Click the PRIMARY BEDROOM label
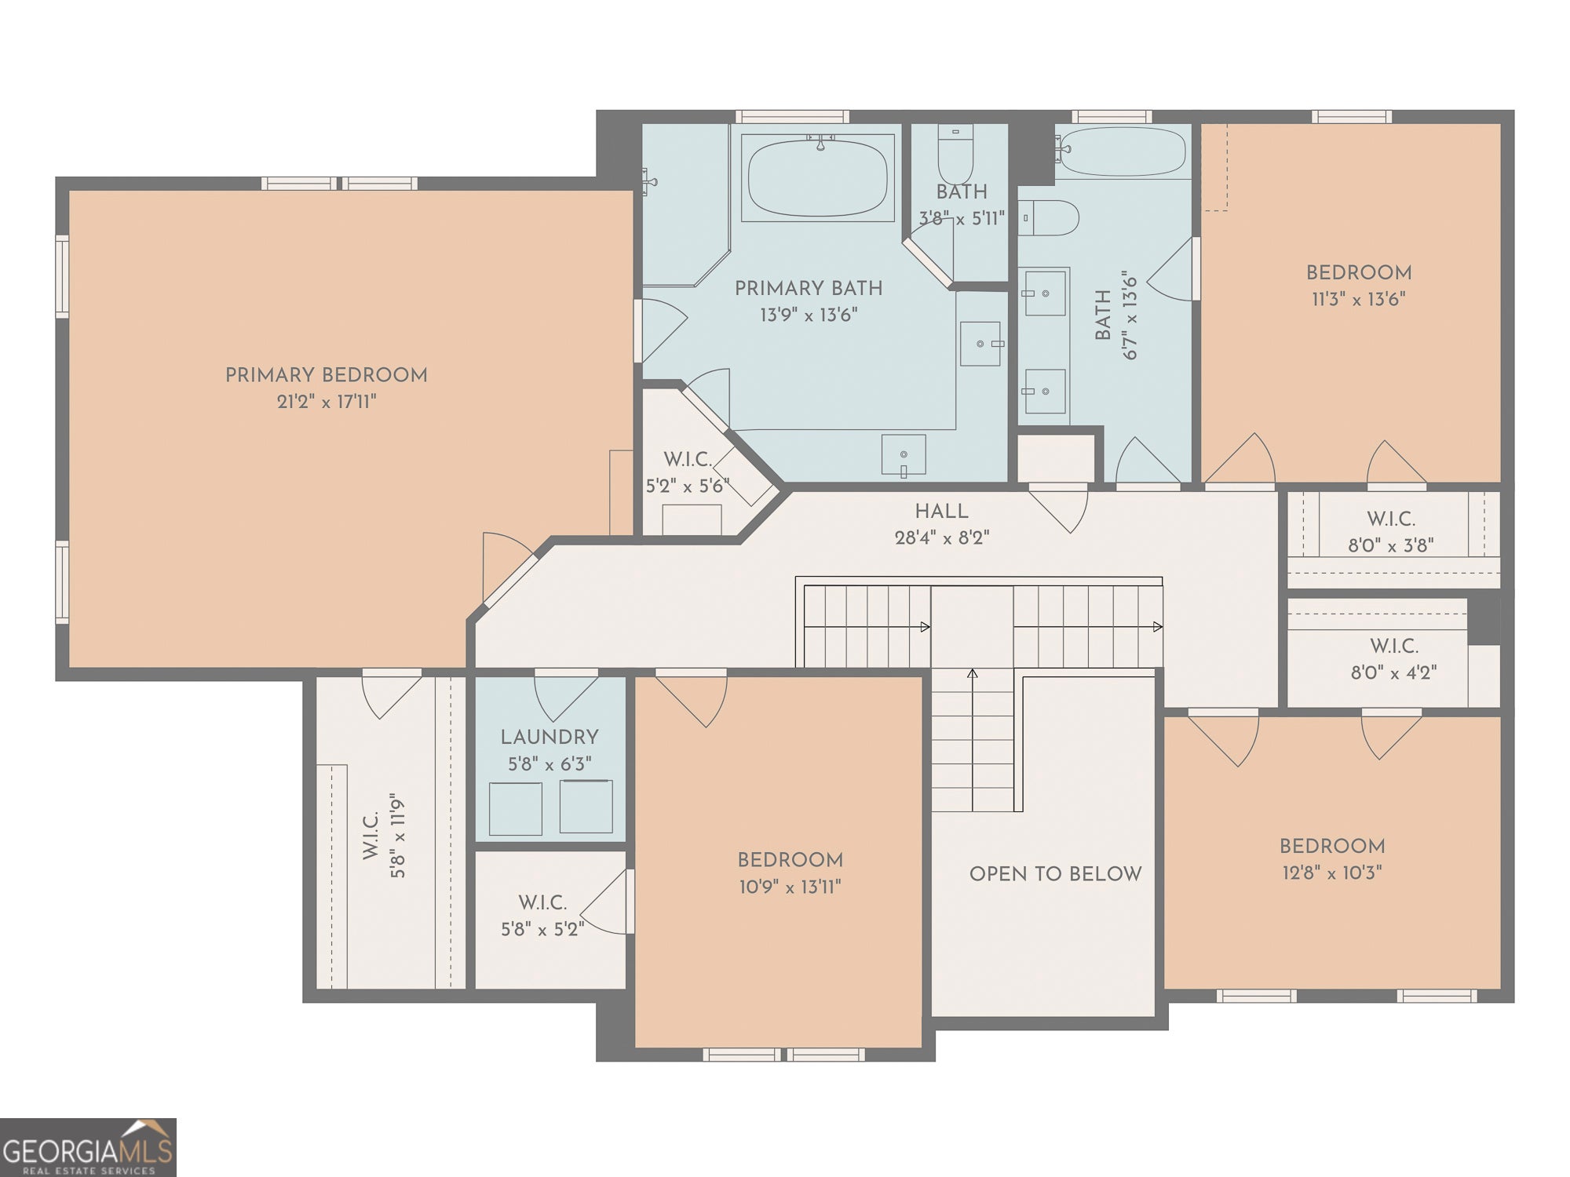click(x=327, y=375)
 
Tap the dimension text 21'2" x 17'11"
click(x=327, y=402)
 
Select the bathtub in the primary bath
click(x=818, y=177)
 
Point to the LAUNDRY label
click(x=549, y=738)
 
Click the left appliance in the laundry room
click(x=516, y=808)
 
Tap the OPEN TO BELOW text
click(x=1056, y=874)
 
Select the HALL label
click(x=942, y=512)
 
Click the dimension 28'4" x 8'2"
click(x=942, y=538)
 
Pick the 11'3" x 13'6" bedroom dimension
click(x=1359, y=300)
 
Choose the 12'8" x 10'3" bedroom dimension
click(x=1332, y=873)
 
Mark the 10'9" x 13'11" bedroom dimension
click(x=790, y=887)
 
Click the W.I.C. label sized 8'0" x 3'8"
click(x=1391, y=519)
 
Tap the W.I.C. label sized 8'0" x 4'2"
click(x=1394, y=646)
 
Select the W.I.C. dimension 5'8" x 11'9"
click(x=398, y=835)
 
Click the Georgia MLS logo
click(x=88, y=1147)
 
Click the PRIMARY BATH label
click(x=809, y=289)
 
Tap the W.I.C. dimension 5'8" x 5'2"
click(x=542, y=930)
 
